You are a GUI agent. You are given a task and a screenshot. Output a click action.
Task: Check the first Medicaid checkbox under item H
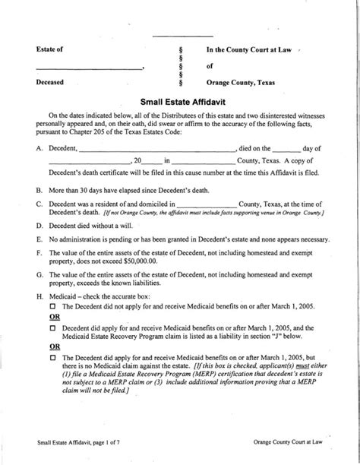coord(54,305)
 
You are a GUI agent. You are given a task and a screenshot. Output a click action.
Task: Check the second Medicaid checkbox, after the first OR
coord(54,328)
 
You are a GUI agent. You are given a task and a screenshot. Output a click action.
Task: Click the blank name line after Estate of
coord(89,68)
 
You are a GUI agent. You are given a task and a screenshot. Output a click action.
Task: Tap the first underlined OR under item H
coord(55,316)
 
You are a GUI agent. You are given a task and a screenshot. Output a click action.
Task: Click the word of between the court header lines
coord(211,66)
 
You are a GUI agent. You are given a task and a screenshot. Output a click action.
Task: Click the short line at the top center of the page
coord(182,36)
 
